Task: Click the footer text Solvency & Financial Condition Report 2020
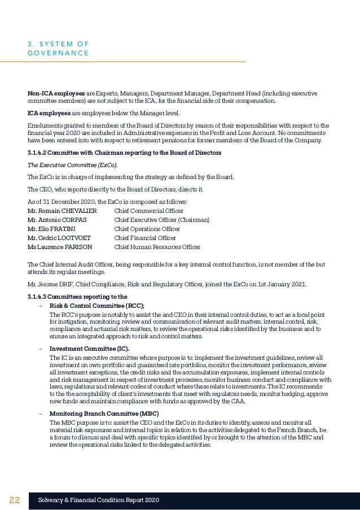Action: pyautogui.click(x=99, y=500)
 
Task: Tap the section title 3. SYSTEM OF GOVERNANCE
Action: pyautogui.click(x=58, y=48)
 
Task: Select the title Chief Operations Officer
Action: pyautogui.click(x=147, y=229)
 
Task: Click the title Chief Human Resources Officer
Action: pyautogui.click(x=157, y=247)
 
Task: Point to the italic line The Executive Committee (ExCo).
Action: pyautogui.click(x=73, y=165)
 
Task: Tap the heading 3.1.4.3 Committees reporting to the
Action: pyautogui.click(x=77, y=297)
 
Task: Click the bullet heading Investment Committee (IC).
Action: pyautogui.click(x=89, y=348)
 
